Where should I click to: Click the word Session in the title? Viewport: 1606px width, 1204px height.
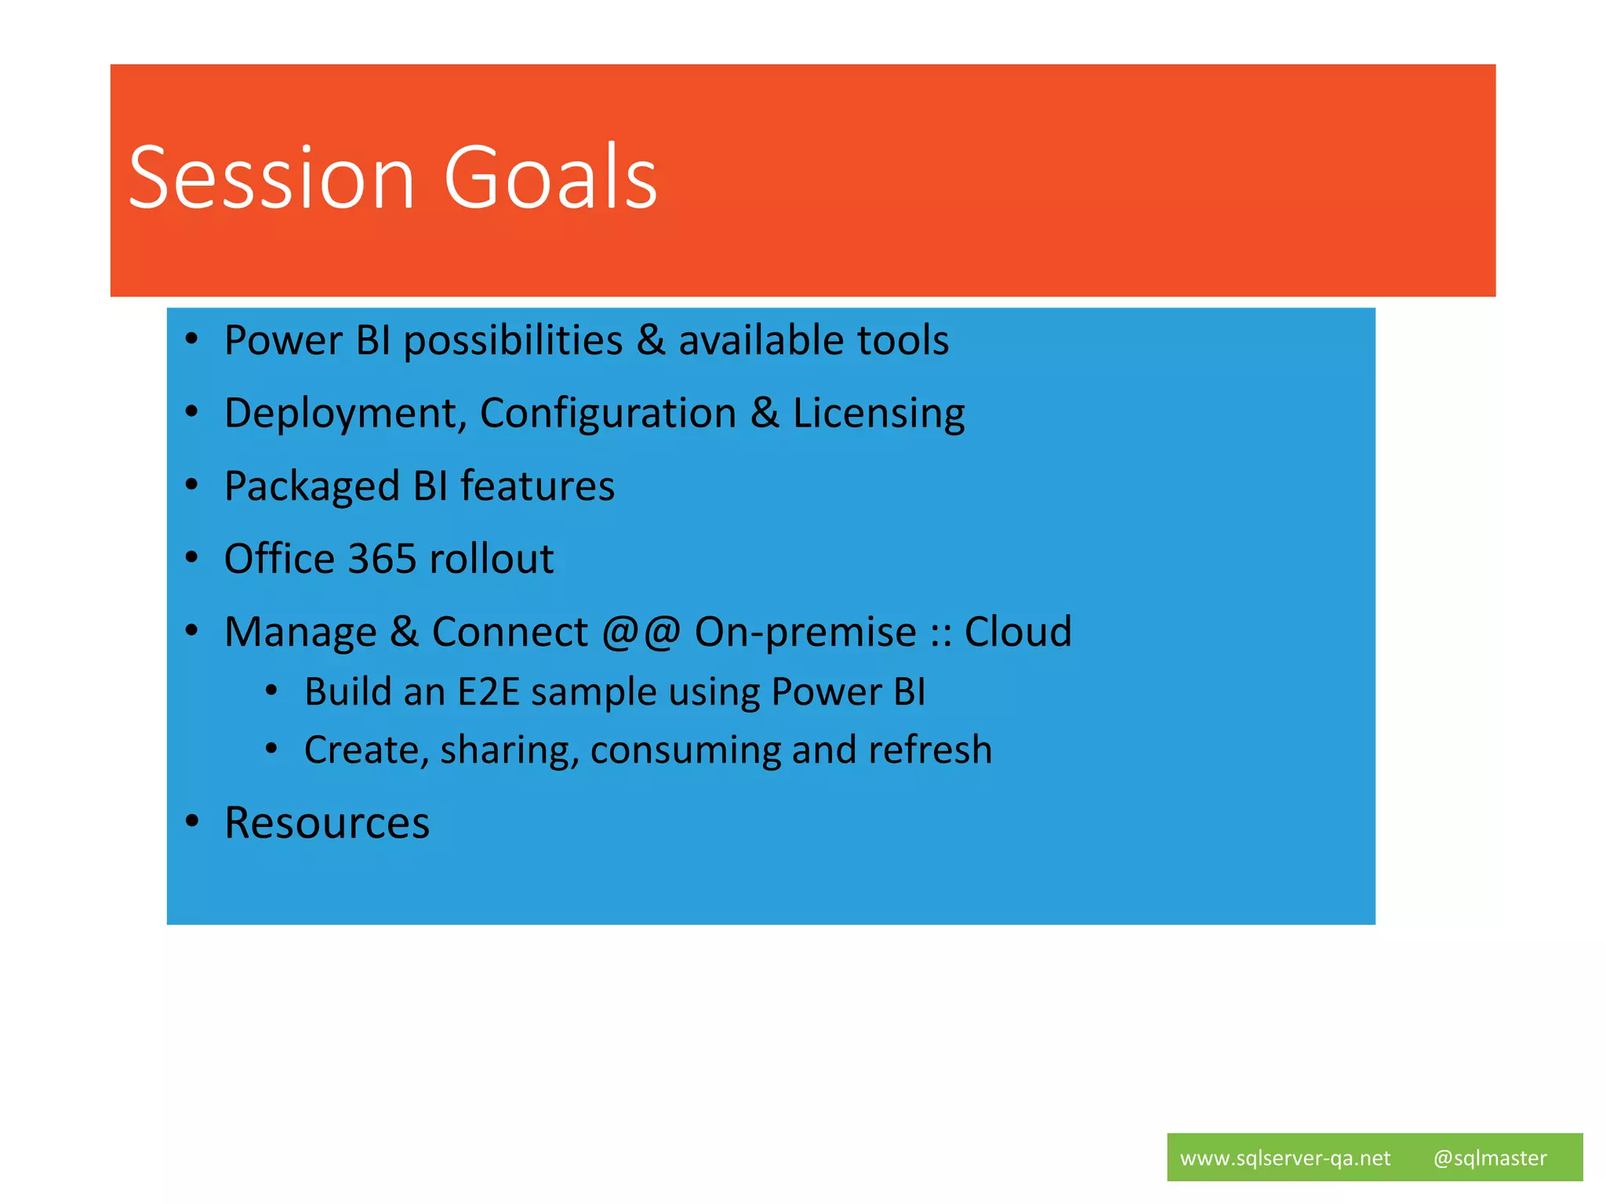(x=271, y=179)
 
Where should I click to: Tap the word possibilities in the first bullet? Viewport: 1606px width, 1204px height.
(x=513, y=342)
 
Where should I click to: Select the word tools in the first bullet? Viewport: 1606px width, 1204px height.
(x=903, y=340)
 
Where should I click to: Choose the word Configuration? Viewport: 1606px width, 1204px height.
(x=608, y=414)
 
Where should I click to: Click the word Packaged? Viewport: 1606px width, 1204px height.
(x=311, y=487)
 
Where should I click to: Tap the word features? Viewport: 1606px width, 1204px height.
(x=537, y=486)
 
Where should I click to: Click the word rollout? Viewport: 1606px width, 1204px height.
(x=492, y=559)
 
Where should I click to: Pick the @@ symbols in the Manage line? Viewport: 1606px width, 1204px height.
(x=641, y=632)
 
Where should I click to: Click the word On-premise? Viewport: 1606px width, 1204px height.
(x=805, y=633)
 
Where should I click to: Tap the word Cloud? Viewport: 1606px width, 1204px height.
(x=1017, y=632)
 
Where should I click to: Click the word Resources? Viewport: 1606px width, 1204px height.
(x=327, y=823)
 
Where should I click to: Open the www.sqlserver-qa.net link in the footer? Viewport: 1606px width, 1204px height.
(x=1284, y=1158)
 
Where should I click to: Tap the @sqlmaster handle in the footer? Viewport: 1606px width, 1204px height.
(x=1489, y=1158)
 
